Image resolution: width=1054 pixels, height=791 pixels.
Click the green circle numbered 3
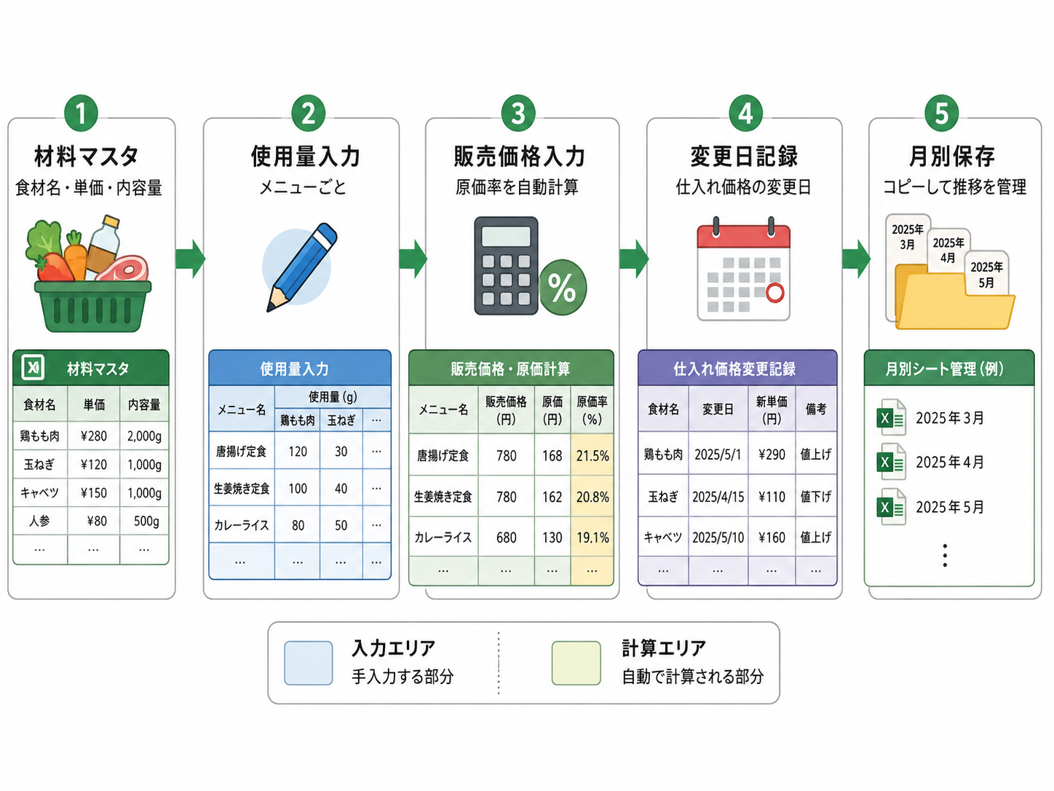(518, 114)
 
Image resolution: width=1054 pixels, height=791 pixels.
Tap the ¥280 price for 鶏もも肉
(94, 436)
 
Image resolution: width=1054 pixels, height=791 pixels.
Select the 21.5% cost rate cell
(593, 455)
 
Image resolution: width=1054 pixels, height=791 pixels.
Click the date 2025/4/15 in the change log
(718, 497)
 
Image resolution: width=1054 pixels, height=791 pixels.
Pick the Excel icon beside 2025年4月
(891, 462)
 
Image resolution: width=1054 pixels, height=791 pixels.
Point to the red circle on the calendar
(774, 292)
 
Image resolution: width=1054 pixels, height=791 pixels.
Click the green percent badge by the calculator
(563, 287)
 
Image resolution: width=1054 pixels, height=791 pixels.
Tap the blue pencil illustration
(301, 267)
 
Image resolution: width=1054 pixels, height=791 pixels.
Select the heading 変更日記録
(744, 157)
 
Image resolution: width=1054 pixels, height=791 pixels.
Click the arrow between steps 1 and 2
(191, 259)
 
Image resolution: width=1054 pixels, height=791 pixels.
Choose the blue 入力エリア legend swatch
(309, 663)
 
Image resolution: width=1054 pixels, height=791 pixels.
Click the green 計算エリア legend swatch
(576, 663)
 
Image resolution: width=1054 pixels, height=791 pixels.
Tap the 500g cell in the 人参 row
(146, 521)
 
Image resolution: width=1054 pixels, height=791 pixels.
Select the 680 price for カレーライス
(506, 538)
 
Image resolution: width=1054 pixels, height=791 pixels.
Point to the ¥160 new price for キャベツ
(772, 538)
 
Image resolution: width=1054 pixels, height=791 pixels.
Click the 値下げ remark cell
(816, 497)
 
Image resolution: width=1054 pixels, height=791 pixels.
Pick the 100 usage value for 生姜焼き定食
(298, 489)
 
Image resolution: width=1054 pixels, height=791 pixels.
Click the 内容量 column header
(144, 404)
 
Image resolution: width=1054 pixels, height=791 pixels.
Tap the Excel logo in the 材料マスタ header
(33, 368)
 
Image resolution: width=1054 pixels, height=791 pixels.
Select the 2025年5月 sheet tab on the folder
(987, 275)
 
